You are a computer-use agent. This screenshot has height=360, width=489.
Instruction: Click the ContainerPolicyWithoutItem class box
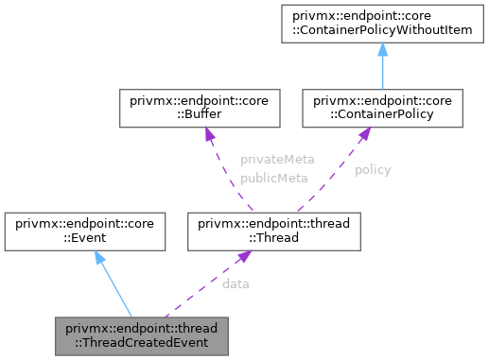click(382, 26)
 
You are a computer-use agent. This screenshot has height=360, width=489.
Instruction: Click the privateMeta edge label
click(277, 160)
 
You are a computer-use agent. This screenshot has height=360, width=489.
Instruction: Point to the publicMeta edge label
click(274, 177)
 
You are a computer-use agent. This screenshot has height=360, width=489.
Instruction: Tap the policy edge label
click(373, 170)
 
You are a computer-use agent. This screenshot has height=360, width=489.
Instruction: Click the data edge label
click(236, 283)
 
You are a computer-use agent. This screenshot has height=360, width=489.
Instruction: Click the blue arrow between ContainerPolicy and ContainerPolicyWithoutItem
click(382, 66)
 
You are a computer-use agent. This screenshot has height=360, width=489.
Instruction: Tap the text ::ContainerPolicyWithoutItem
click(382, 33)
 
